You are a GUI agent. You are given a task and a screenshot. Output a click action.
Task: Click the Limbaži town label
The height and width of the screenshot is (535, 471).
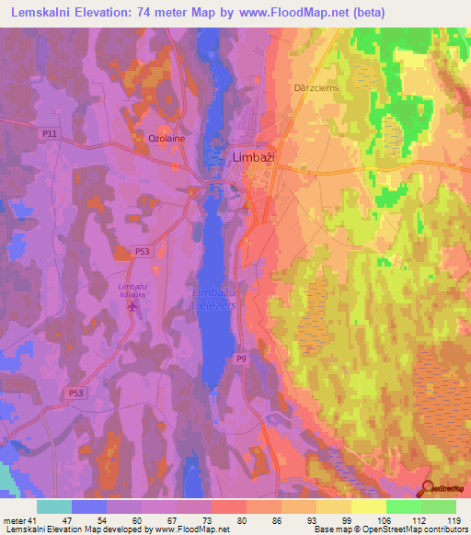point(253,157)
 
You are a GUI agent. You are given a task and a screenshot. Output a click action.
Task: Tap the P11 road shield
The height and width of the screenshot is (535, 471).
point(51,134)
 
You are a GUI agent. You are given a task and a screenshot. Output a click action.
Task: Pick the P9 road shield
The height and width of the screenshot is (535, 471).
point(241,359)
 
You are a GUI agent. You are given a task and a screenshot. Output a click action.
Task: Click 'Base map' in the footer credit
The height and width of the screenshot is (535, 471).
point(333,529)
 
